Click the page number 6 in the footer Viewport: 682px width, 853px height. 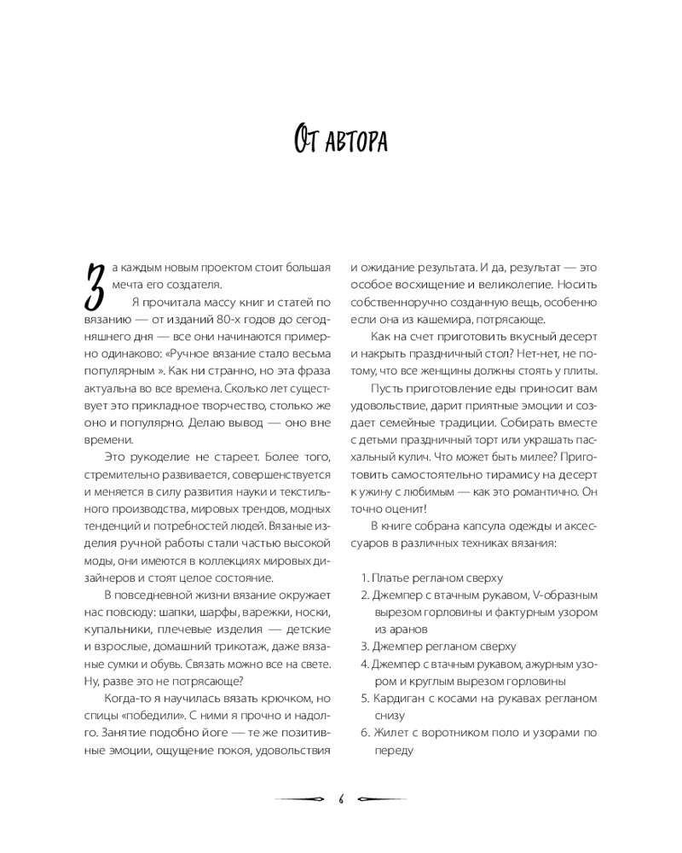(x=340, y=798)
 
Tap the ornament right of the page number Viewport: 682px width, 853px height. (x=381, y=799)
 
